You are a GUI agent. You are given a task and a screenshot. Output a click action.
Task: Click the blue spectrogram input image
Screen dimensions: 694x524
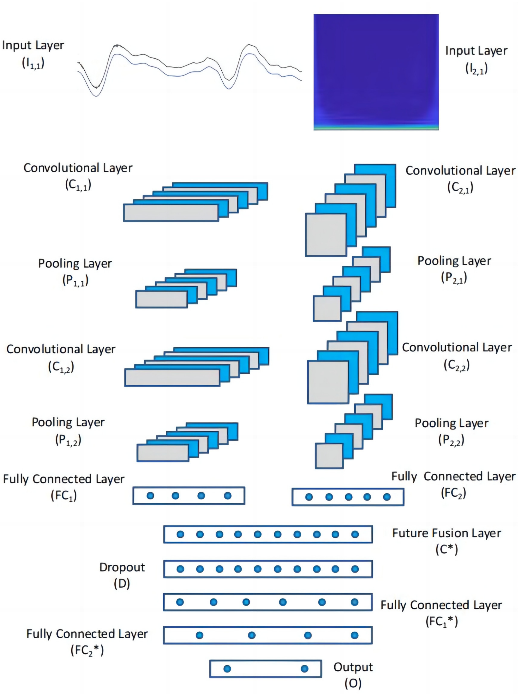click(376, 71)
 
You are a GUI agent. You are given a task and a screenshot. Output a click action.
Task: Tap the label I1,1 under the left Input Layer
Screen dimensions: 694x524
click(33, 63)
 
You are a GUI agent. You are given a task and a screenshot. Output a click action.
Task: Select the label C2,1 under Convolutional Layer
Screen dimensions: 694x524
click(460, 188)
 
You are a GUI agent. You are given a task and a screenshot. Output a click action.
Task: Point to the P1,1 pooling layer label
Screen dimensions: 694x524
click(75, 280)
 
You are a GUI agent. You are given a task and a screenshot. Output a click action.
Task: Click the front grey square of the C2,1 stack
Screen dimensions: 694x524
click(326, 235)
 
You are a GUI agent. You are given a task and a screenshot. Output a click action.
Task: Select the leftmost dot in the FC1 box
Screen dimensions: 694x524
click(150, 496)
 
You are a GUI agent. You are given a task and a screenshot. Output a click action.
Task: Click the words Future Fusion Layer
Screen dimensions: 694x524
click(446, 533)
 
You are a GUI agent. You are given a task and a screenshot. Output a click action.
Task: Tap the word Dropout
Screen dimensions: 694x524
click(122, 567)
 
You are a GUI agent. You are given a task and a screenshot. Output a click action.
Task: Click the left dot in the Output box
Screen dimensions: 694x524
click(227, 669)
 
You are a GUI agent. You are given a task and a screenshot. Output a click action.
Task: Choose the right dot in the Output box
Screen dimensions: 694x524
click(304, 669)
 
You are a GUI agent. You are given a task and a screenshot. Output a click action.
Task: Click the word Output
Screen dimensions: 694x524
click(353, 667)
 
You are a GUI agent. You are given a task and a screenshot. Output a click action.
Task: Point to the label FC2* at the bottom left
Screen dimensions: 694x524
click(87, 650)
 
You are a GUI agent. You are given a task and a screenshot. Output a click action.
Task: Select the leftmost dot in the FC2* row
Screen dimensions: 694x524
click(199, 635)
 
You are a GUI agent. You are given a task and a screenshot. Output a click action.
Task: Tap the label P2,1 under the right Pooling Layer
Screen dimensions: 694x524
click(454, 278)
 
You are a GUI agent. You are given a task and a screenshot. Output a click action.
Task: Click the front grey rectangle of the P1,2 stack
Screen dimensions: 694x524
click(162, 453)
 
